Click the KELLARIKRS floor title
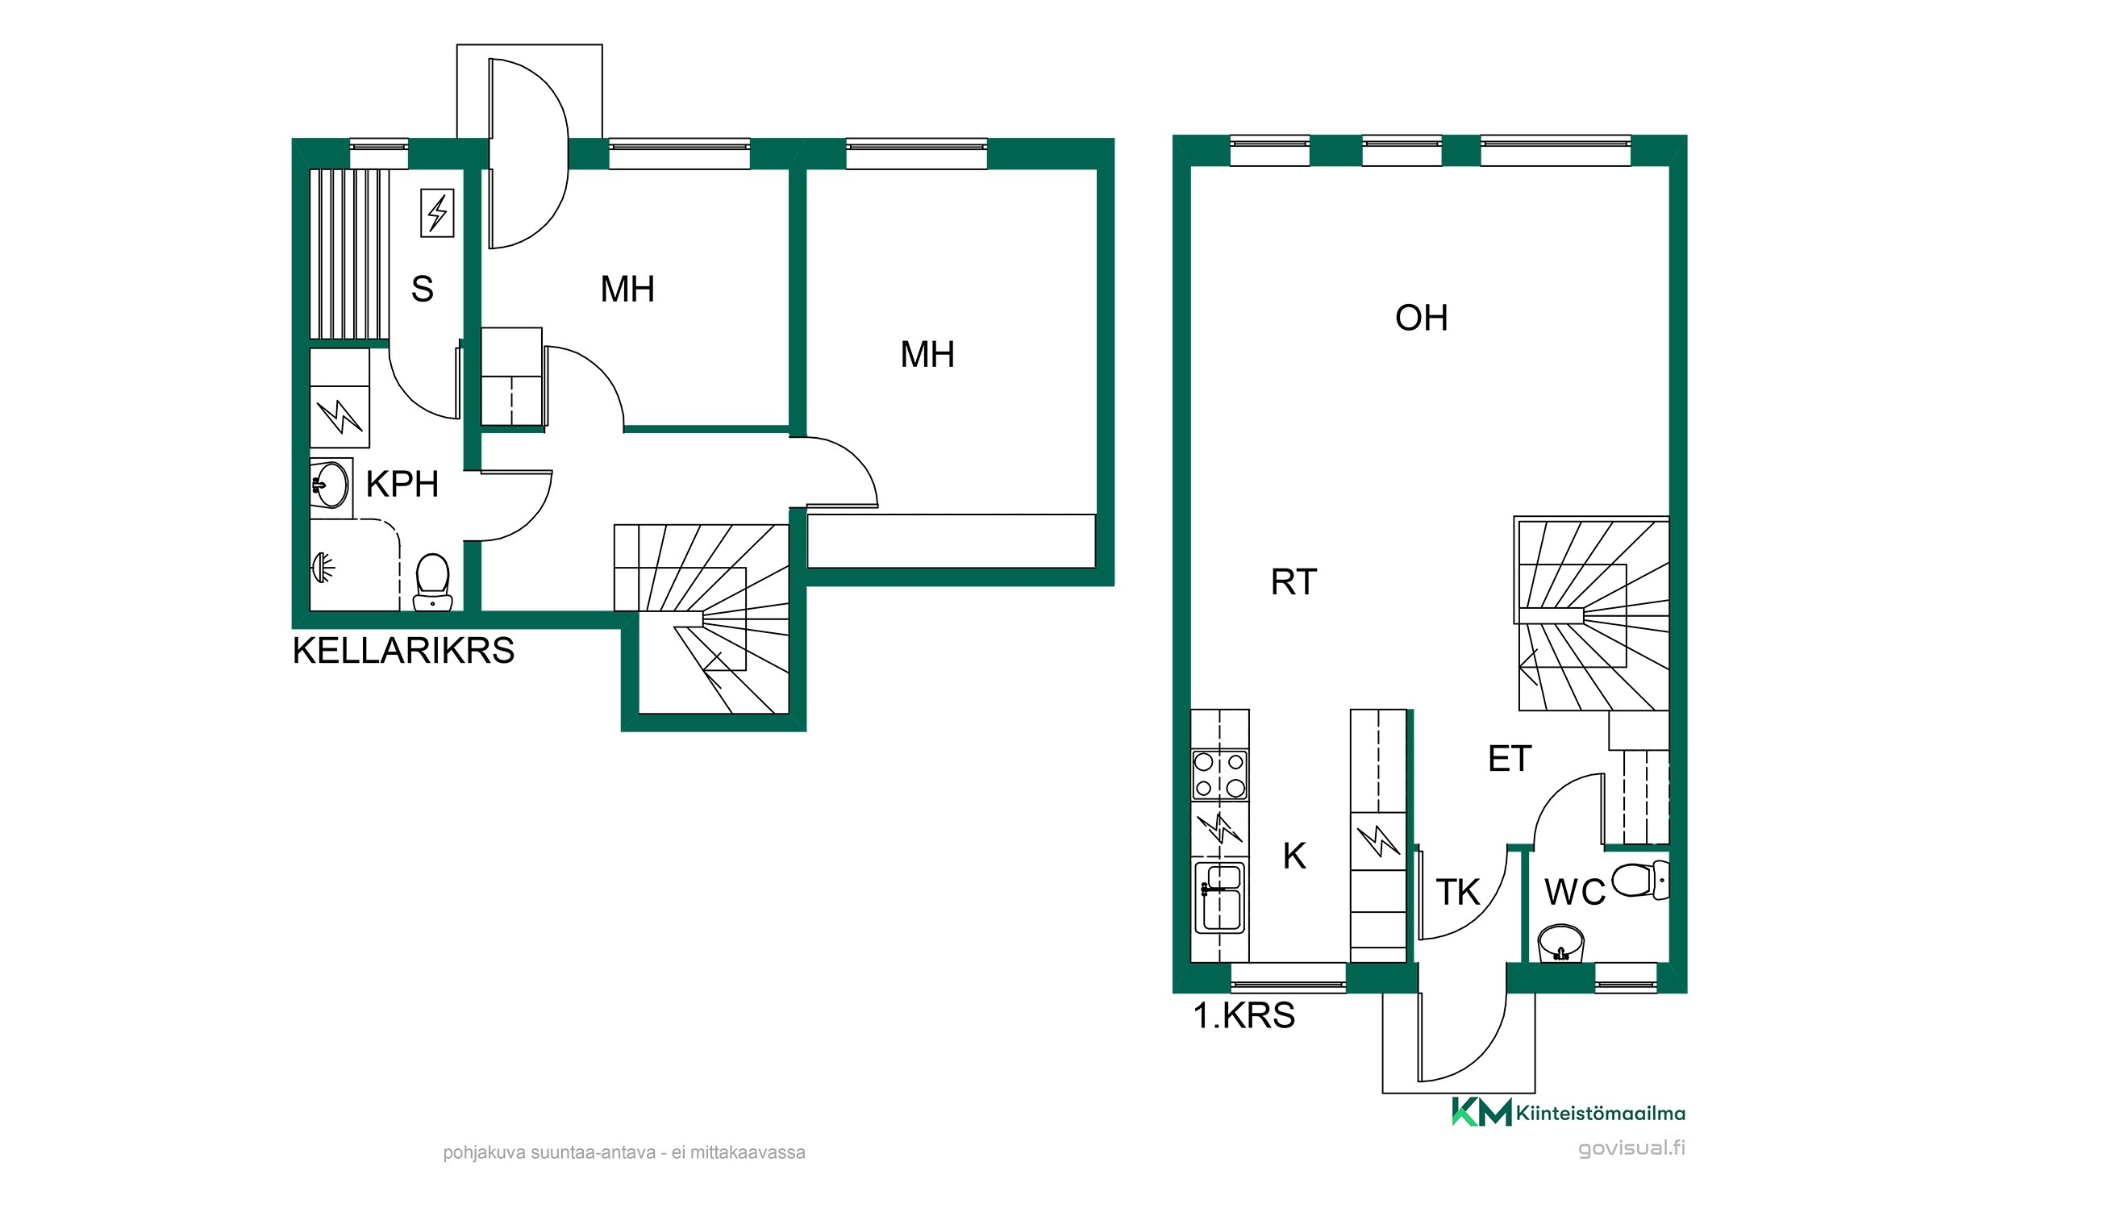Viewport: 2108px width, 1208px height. tap(403, 651)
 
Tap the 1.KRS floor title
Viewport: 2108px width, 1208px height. tap(1244, 1015)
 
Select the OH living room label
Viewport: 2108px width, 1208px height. tap(1421, 318)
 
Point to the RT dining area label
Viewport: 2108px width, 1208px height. tap(1294, 581)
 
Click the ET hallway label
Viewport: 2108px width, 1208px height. tap(1509, 758)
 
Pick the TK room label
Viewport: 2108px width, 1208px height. tap(1457, 892)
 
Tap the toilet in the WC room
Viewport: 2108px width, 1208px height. tap(1640, 881)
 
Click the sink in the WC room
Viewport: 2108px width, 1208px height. tap(1561, 944)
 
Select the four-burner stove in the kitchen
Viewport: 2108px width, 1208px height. tap(1219, 774)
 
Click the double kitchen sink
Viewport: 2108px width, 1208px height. tap(1219, 898)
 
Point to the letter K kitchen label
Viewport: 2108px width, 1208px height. tap(1294, 856)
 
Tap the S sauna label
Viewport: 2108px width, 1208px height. tap(423, 289)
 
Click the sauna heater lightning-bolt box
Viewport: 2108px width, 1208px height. tap(437, 213)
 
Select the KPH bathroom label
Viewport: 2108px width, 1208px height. tap(402, 485)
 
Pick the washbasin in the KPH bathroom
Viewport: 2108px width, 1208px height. tap(330, 485)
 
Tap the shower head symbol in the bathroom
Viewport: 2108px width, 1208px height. tap(323, 568)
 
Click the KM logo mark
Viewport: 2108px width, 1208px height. tap(1481, 1112)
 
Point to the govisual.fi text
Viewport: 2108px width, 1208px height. tap(1631, 1148)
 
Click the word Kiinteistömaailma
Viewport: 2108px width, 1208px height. tap(1600, 1114)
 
